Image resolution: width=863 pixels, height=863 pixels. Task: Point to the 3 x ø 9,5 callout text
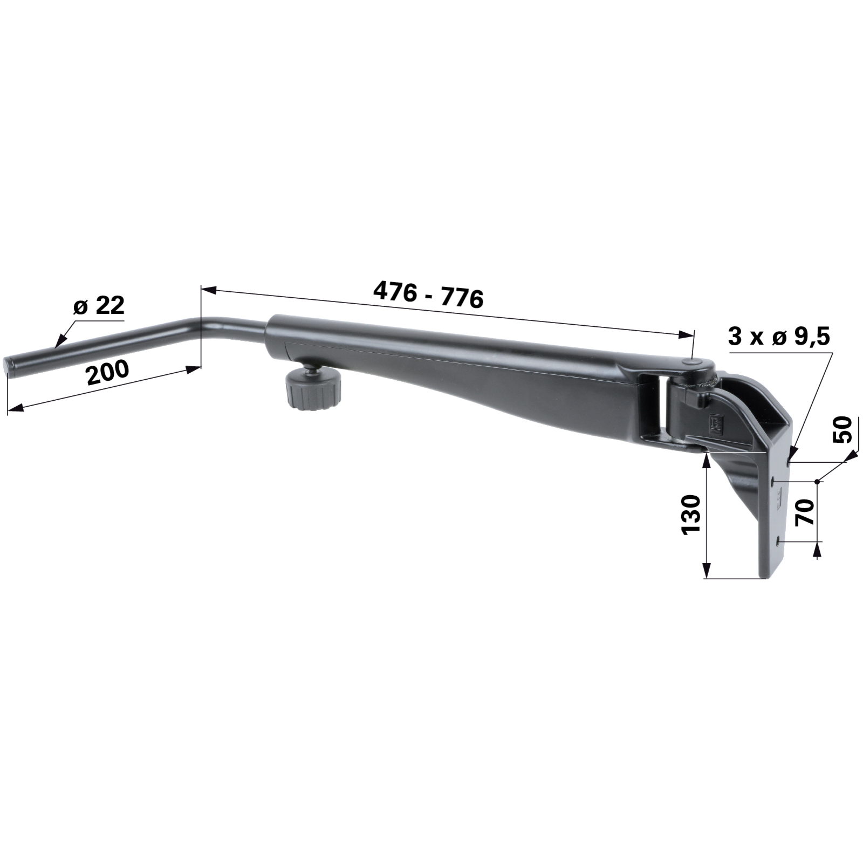[778, 338]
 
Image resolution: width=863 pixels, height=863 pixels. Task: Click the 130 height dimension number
[691, 515]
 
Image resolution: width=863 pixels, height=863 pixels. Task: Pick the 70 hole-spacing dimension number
[805, 512]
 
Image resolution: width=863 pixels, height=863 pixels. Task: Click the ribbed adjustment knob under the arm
[313, 389]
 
